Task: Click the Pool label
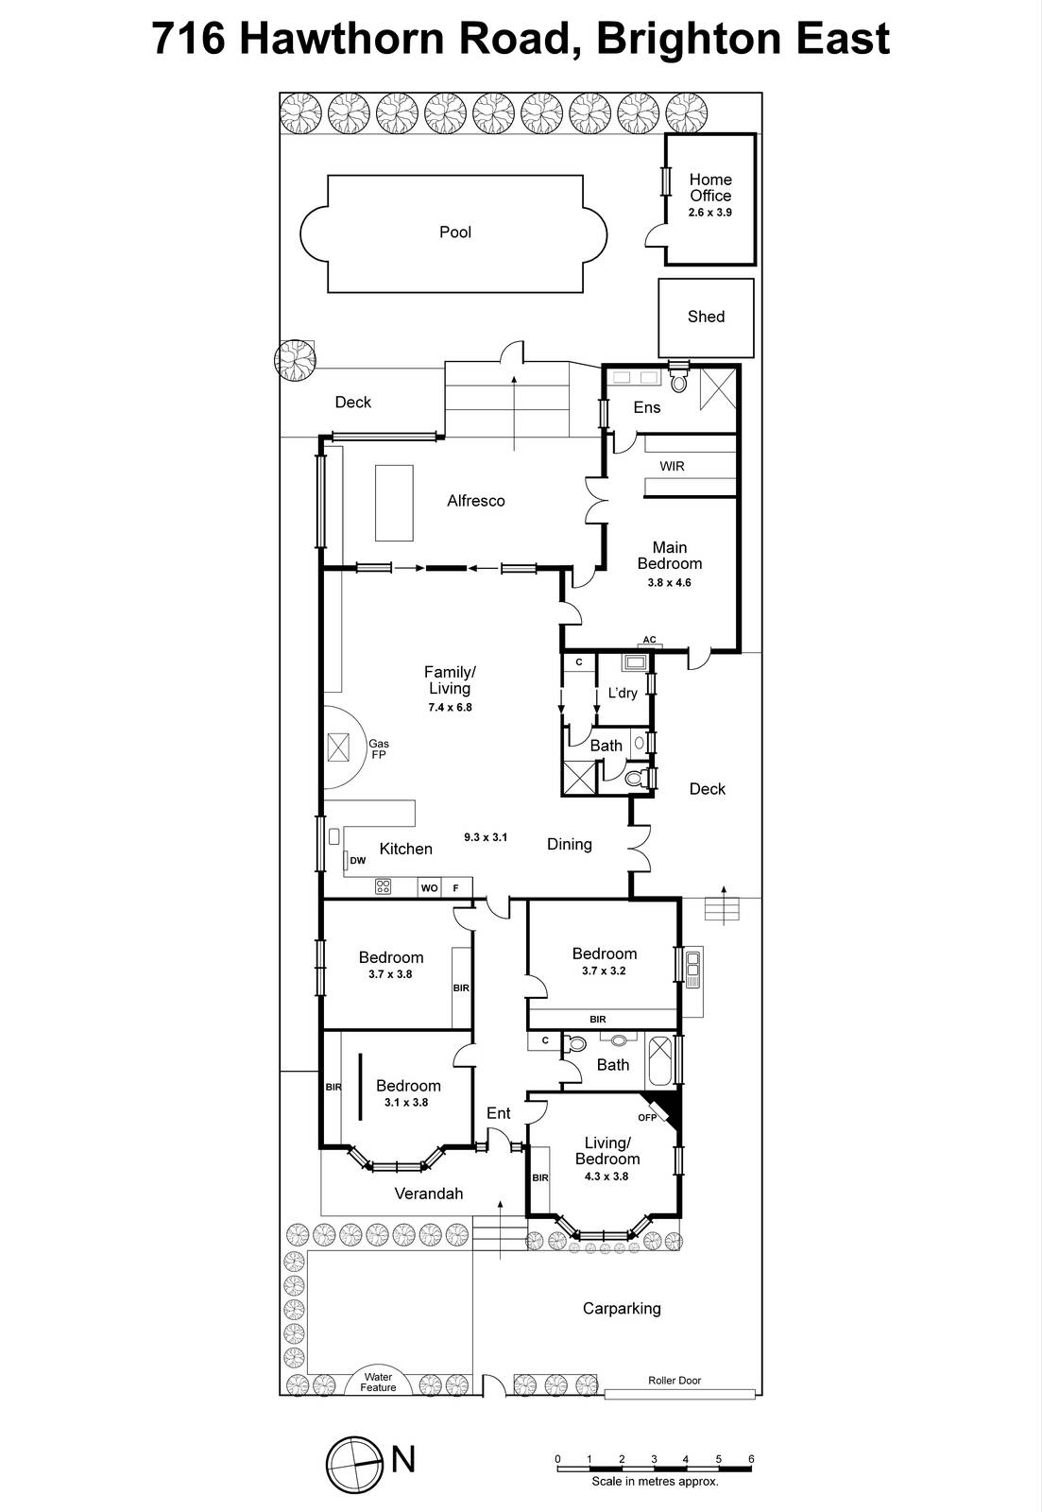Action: (x=454, y=232)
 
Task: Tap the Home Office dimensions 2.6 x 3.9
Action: (x=709, y=213)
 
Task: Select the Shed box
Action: (x=706, y=318)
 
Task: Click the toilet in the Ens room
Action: (x=677, y=383)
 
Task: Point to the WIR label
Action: (x=672, y=467)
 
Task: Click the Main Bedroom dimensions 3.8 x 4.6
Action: (x=669, y=583)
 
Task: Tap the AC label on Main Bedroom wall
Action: (x=649, y=640)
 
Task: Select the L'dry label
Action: (x=623, y=693)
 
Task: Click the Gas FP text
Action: (x=378, y=749)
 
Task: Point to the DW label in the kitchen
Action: (x=357, y=861)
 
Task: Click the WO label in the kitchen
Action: (x=429, y=888)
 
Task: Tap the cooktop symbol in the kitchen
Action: (x=384, y=886)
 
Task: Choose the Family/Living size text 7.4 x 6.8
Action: (x=449, y=707)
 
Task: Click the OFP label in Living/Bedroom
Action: (x=646, y=1118)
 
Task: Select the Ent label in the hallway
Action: (x=498, y=1113)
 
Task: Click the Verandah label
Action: (x=428, y=1194)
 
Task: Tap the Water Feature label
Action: (x=378, y=1382)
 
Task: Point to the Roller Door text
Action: (x=675, y=1381)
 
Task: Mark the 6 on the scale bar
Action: (x=751, y=1459)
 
